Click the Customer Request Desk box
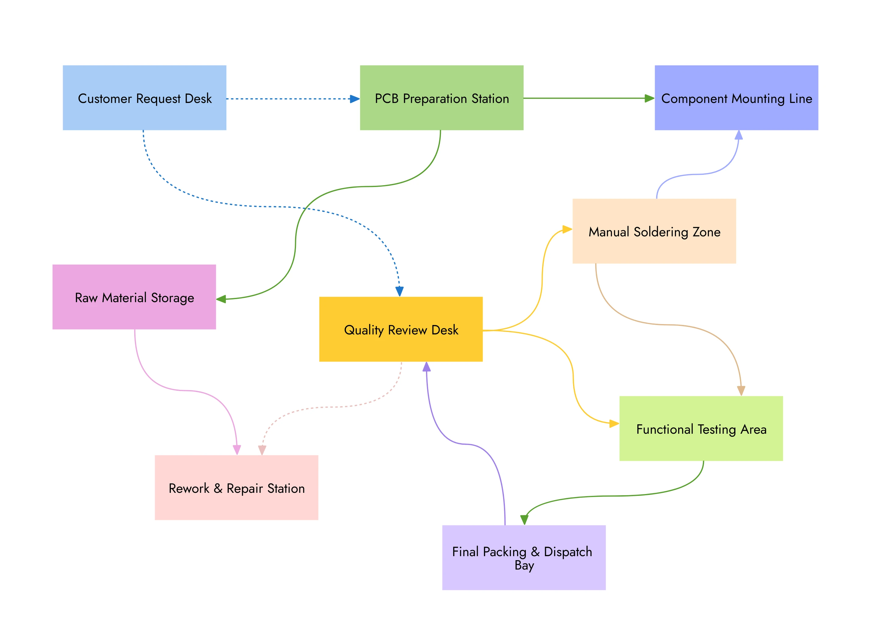tap(144, 98)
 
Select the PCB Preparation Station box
tap(442, 98)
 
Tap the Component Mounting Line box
tap(736, 98)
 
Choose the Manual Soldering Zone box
tap(654, 231)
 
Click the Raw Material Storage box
tap(134, 297)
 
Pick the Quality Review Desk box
tap(401, 329)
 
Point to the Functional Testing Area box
tap(701, 429)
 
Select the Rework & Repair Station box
tap(237, 488)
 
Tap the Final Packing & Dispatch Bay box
tap(524, 558)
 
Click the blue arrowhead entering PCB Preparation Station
tap(354, 99)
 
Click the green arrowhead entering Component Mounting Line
tap(649, 99)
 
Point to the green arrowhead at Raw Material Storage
tap(221, 299)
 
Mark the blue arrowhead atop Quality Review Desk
tap(400, 291)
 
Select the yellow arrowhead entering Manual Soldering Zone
tap(567, 229)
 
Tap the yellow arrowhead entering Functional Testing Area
tap(614, 424)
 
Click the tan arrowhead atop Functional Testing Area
tap(741, 391)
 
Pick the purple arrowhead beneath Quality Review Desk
tap(427, 367)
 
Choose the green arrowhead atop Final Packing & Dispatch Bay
tap(524, 520)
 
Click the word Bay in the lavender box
tap(524, 566)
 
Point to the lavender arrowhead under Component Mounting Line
tap(738, 135)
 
